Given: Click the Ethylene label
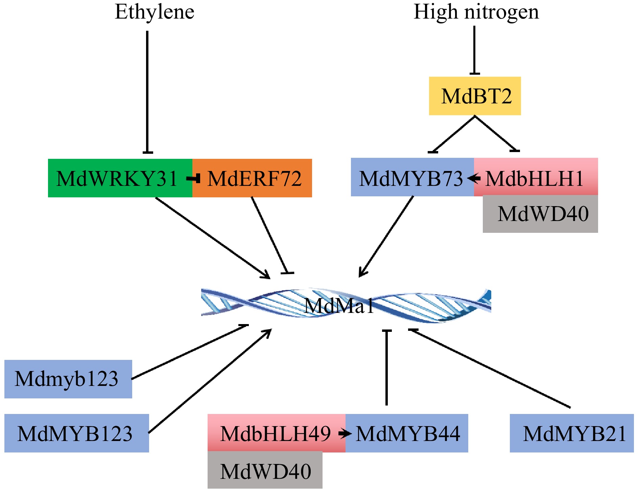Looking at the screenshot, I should [155, 12].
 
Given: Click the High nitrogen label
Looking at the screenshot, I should [476, 12].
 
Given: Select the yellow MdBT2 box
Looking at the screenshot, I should [475, 96].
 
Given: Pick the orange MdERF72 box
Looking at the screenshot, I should [254, 178].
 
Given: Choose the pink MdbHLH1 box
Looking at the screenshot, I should [536, 177].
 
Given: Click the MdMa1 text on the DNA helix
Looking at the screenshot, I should [339, 306].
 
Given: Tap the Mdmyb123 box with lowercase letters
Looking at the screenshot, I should [68, 379].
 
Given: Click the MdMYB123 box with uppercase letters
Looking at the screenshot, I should [76, 433].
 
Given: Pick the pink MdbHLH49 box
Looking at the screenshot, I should [276, 433].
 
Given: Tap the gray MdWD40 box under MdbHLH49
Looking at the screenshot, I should [265, 470].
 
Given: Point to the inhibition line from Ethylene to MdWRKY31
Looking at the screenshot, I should [147, 91].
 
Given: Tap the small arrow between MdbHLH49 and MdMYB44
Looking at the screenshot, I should [345, 433].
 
